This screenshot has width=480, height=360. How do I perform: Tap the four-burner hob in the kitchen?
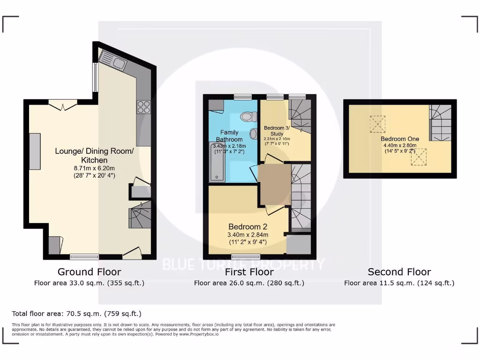click(x=143, y=107)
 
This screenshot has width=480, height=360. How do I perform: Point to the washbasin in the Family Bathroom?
click(x=254, y=134)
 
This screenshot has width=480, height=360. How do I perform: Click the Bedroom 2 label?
click(x=248, y=227)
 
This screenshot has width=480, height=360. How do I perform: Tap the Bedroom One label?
click(x=399, y=139)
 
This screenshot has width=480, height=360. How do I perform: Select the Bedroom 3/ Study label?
click(x=277, y=131)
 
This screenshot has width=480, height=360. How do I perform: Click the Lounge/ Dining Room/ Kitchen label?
click(x=94, y=156)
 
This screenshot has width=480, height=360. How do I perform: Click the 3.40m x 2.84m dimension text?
click(x=248, y=235)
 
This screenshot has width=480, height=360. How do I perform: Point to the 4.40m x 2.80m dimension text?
click(x=399, y=145)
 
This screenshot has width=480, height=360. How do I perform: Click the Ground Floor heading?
click(x=89, y=272)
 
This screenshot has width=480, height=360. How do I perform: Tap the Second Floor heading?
click(x=399, y=272)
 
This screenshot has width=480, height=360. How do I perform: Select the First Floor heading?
click(x=249, y=272)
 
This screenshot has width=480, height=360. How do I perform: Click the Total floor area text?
click(x=76, y=314)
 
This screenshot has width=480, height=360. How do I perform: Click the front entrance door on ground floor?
click(x=131, y=254)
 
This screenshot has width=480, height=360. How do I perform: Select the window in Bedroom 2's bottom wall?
click(x=246, y=256)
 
